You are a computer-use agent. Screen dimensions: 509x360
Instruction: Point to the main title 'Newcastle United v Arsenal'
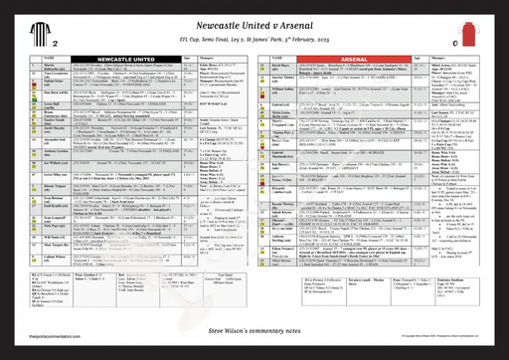pos(254,17)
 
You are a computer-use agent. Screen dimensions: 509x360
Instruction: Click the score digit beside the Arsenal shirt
pos(452,45)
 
